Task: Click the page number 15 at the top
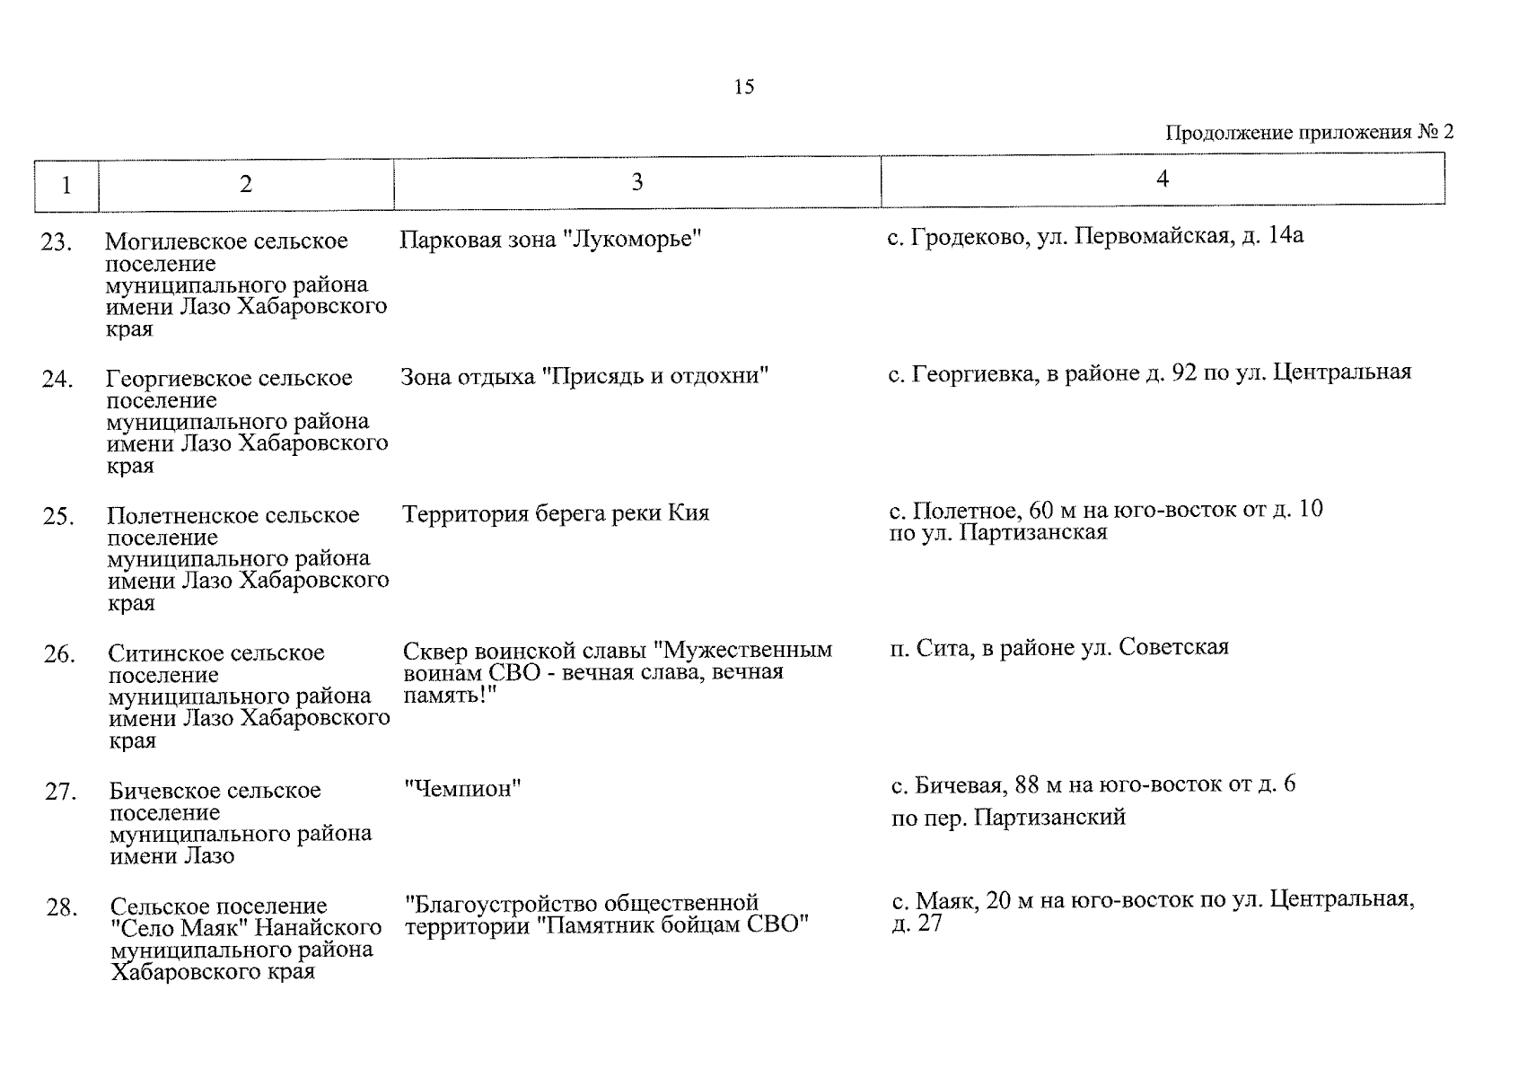[x=744, y=87]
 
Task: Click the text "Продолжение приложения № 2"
[x=1309, y=133]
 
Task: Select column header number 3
[x=636, y=182]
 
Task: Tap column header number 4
[x=1162, y=179]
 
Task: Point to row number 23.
[x=56, y=242]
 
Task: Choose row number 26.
[x=58, y=654]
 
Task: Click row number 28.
[x=61, y=907]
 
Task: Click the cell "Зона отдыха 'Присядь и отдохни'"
[x=584, y=376]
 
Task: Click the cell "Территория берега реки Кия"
[x=555, y=513]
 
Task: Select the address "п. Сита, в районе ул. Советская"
[x=1059, y=647]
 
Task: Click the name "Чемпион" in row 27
[x=463, y=789]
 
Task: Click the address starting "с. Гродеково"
[x=1095, y=236]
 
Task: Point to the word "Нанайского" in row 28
[x=320, y=927]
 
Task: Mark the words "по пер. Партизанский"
[x=1008, y=818]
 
